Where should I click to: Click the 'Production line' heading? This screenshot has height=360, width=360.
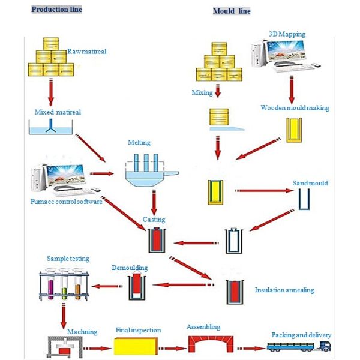(x=56, y=10)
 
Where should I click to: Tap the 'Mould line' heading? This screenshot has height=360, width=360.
(x=232, y=11)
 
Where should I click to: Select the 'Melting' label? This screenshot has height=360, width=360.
(x=139, y=143)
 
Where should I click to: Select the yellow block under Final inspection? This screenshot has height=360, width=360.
(x=137, y=346)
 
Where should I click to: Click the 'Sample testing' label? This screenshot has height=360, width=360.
(x=68, y=259)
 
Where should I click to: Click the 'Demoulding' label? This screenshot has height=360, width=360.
(x=130, y=268)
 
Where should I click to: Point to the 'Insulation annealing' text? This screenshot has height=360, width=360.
(x=284, y=290)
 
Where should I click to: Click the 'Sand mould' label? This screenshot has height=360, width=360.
(x=310, y=182)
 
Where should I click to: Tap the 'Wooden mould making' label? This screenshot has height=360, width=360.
(x=295, y=108)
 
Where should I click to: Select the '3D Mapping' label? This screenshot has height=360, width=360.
(x=287, y=34)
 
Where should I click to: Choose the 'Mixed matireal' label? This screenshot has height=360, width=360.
(x=55, y=112)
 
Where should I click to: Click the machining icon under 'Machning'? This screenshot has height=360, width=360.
(x=65, y=346)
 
